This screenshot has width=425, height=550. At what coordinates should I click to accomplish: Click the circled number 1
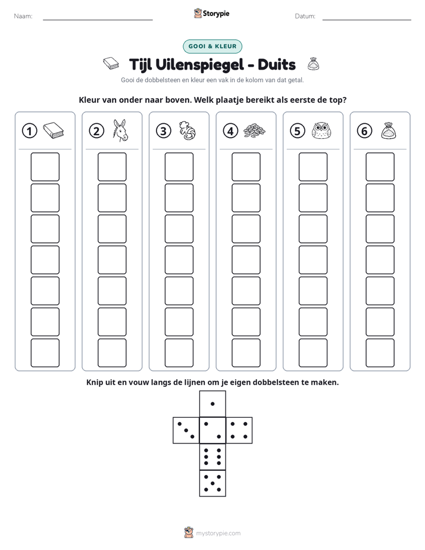29,131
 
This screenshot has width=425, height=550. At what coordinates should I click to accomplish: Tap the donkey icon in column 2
120,130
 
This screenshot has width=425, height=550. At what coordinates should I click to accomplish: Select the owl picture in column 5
321,130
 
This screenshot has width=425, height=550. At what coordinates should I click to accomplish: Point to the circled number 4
230,131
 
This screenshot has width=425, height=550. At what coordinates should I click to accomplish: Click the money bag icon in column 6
389,130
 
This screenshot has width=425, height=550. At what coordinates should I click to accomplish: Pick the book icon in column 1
54,130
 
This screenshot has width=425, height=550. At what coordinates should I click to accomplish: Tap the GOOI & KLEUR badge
212,46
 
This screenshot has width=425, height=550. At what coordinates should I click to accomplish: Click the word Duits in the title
277,65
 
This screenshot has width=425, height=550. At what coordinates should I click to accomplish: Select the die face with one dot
212,404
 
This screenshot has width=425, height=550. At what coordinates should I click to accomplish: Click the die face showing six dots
212,457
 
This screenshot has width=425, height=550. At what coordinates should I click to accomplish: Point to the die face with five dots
212,483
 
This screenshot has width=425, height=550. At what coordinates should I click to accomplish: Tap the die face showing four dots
239,430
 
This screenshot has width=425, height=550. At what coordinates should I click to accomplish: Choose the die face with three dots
186,430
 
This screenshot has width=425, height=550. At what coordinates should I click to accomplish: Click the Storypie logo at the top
211,13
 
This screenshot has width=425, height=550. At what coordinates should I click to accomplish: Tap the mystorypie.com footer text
218,533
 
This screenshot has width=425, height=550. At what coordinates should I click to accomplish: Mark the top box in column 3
179,167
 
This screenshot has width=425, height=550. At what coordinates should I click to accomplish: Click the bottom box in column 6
380,353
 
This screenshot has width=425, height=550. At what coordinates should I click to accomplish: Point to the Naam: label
23,16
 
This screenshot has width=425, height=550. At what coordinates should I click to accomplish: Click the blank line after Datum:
367,20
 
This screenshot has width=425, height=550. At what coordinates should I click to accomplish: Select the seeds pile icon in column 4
254,130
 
